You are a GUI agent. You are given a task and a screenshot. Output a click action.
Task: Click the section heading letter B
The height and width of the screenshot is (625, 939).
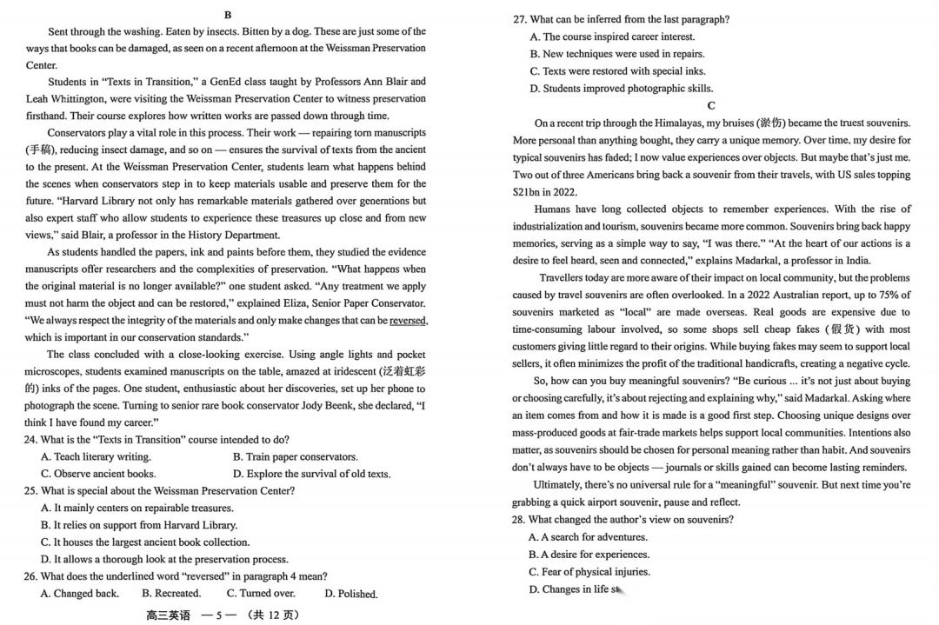[x=228, y=15]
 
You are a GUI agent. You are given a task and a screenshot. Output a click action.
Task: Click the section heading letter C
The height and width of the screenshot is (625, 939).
[x=711, y=106]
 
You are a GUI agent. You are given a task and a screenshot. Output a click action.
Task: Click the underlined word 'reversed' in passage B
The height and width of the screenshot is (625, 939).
[x=408, y=321]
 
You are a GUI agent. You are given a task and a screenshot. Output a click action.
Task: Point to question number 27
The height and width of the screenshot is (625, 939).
[x=519, y=19]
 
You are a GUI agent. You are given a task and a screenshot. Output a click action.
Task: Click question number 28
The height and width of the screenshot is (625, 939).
[x=519, y=520]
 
